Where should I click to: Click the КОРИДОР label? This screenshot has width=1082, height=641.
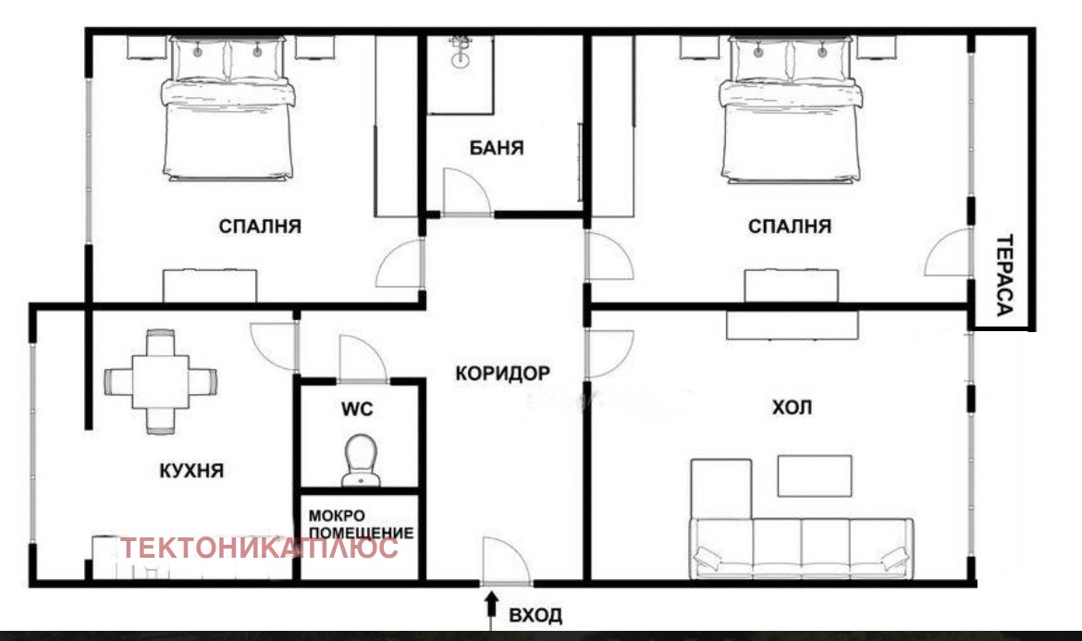coord(502,374)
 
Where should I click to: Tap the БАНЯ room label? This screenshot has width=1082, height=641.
coord(497,148)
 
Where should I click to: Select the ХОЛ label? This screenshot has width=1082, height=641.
coord(792,407)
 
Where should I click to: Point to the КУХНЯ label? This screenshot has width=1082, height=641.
coord(191,471)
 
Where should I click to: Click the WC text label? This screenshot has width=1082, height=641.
coord(357,409)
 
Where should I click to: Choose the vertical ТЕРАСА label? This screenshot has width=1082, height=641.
coord(1004,276)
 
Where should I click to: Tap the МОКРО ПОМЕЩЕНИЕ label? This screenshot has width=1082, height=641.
coord(361,524)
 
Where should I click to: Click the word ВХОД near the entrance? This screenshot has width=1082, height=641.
coord(535,615)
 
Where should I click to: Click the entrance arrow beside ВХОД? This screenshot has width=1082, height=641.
coord(491,610)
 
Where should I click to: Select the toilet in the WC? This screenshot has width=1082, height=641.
coord(361,461)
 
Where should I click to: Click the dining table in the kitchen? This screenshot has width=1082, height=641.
coord(161,382)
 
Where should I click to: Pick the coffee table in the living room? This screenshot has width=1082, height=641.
coord(815,476)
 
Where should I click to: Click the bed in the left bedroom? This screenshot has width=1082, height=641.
coord(227,109)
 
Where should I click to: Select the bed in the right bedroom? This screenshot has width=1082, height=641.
coord(790,110)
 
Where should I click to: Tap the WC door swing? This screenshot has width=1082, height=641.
coord(363,358)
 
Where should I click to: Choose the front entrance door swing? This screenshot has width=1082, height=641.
coord(507,561)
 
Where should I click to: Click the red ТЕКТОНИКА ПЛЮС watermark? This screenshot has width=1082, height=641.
coord(260,548)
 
